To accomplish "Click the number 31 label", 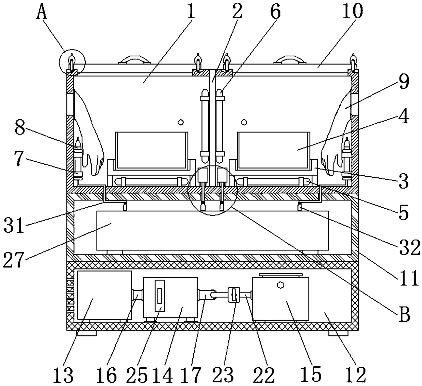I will (x=15, y=225).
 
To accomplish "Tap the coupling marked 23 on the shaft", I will (x=234, y=294).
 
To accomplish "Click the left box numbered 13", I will (x=104, y=295).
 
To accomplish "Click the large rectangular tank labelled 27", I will (x=213, y=230).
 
